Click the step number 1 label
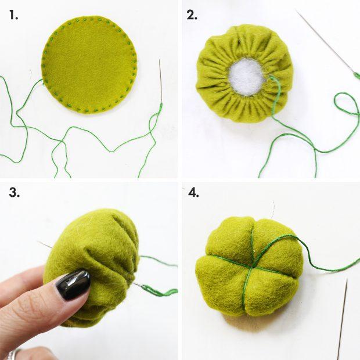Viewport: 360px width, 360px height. [x=13, y=15]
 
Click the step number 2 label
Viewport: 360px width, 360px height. [x=192, y=15]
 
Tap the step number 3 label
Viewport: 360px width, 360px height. [x=13, y=193]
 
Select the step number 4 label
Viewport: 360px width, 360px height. [x=193, y=193]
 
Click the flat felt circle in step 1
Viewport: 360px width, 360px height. [x=89, y=64]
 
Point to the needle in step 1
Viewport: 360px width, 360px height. [x=160, y=81]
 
